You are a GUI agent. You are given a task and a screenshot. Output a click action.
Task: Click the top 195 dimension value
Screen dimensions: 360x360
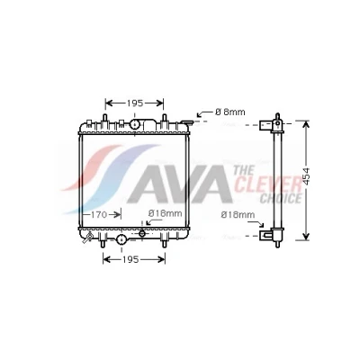tap(134, 103)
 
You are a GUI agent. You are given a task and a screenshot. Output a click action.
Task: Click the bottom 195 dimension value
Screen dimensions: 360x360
tap(130, 259)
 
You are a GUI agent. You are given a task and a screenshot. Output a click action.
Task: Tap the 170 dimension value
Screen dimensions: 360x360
tap(99, 214)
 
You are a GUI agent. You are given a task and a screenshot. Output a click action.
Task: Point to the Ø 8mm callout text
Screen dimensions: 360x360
tap(230, 112)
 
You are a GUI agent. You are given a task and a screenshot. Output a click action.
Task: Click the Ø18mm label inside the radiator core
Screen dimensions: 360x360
tap(166, 213)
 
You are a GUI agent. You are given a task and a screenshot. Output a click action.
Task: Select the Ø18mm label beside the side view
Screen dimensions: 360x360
tap(238, 215)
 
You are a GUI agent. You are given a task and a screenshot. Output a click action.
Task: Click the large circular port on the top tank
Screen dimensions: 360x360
tap(135, 124)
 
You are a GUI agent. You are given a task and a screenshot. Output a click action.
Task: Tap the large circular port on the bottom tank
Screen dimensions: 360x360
tap(121, 239)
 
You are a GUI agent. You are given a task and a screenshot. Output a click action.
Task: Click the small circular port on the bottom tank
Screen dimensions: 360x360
tap(142, 233)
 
